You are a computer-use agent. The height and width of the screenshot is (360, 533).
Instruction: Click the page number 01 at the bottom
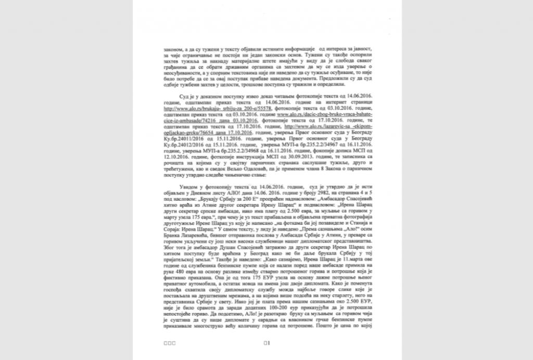266,343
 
